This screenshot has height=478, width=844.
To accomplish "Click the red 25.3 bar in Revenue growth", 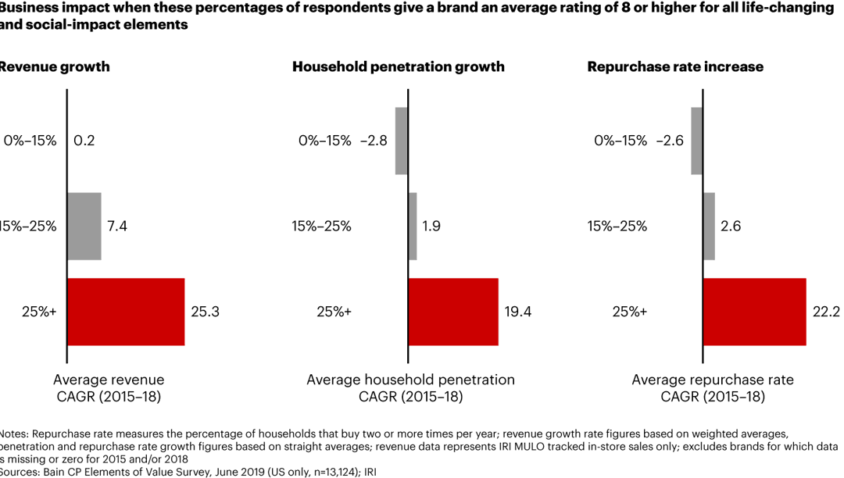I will (x=126, y=311).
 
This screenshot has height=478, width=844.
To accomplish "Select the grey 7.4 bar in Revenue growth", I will (x=84, y=226).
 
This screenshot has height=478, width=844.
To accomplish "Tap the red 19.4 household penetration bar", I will (x=453, y=311).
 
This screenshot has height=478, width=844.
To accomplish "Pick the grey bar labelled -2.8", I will (x=402, y=141).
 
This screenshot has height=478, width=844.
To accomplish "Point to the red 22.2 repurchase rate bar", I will (x=754, y=311).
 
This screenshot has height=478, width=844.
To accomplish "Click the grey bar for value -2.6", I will (x=697, y=141).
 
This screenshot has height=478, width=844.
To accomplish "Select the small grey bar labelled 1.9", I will (x=413, y=226).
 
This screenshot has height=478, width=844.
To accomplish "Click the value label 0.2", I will (x=84, y=141).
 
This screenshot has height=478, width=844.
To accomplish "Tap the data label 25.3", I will (x=205, y=312).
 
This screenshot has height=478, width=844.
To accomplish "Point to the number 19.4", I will (x=517, y=312).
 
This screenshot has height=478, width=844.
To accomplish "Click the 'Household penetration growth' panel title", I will (x=399, y=67).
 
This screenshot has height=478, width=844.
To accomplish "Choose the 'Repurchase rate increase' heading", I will (x=675, y=67).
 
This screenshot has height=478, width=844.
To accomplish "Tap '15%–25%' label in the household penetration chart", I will (x=321, y=227).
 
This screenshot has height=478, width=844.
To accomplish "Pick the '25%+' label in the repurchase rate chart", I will (x=629, y=312).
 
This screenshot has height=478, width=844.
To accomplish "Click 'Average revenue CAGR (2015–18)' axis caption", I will (x=109, y=388).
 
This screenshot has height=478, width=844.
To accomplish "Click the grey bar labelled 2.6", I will (x=709, y=226).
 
